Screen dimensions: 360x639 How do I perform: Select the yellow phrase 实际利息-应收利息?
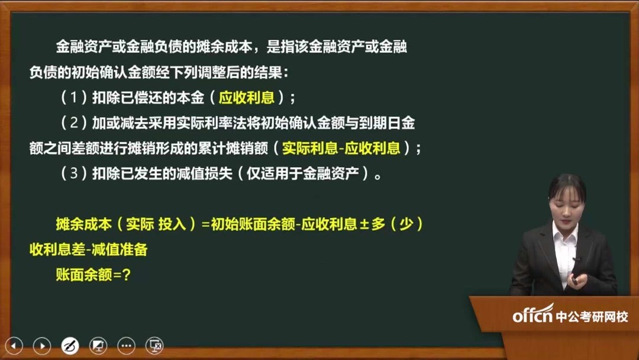coord(341,149)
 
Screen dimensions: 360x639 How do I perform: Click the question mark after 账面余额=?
coord(125,275)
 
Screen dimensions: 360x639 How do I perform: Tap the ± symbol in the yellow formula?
coord(364,225)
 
